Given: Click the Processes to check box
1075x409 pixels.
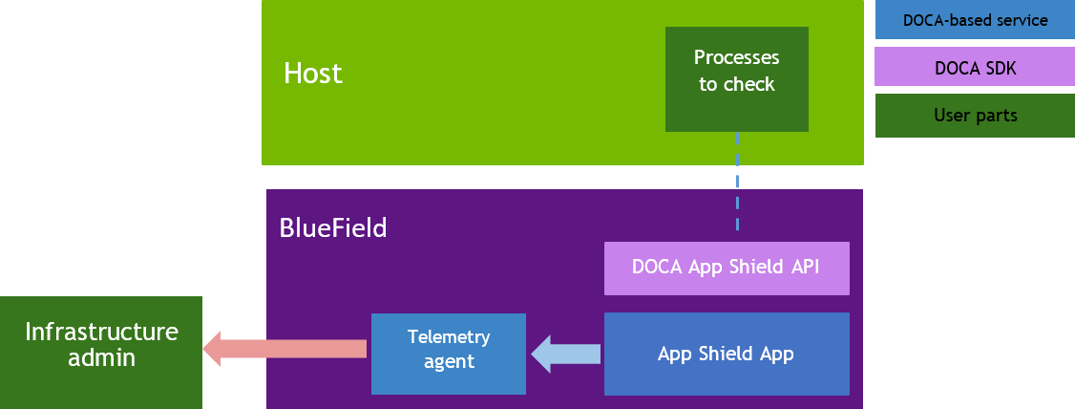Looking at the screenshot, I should (x=736, y=78).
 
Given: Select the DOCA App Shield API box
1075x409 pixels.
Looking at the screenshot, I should (x=727, y=269).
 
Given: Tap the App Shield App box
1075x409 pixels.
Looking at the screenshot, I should (x=727, y=354).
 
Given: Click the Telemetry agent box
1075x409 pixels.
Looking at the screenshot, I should (x=448, y=354).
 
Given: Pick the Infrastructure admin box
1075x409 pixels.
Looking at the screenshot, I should (x=100, y=352).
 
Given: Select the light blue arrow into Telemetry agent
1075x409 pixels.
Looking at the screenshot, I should (x=565, y=354).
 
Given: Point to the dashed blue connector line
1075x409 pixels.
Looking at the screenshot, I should (x=737, y=182).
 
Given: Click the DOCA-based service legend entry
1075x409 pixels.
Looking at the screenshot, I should (x=975, y=20).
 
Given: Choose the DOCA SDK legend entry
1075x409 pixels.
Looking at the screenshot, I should (x=975, y=68).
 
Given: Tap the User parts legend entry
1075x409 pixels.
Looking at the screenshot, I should (x=975, y=116).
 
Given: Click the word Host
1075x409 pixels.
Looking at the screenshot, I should (x=312, y=74).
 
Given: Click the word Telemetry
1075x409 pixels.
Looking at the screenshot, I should (x=448, y=336).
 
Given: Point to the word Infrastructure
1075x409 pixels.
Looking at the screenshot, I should (x=101, y=332).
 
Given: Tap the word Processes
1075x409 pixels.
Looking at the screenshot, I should (x=736, y=58).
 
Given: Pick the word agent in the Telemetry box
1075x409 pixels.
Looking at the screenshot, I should (x=448, y=362).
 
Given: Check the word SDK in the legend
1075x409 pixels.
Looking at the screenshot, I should (x=997, y=68).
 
